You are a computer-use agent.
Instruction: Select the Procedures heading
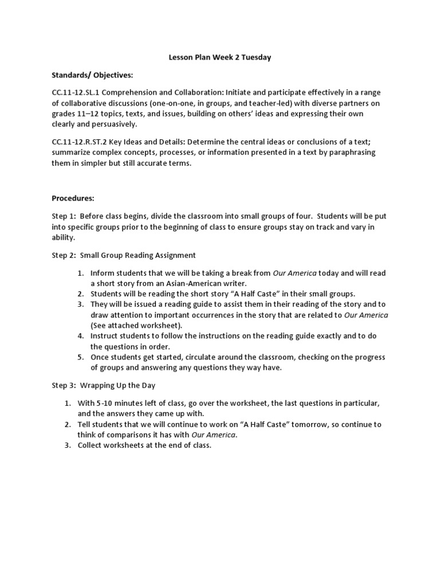click(x=73, y=198)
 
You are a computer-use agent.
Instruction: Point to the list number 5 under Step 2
click(x=82, y=357)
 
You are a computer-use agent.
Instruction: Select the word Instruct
click(x=105, y=336)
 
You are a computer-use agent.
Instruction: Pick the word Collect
click(x=92, y=445)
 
